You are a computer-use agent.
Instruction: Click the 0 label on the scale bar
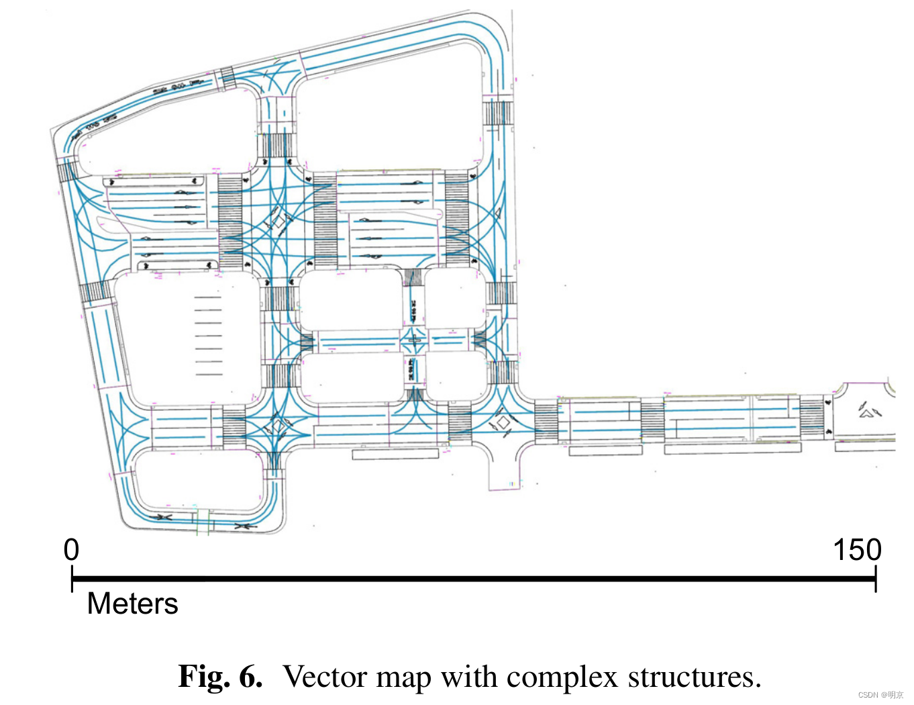click(71, 550)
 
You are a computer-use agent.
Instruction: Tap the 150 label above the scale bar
click(856, 550)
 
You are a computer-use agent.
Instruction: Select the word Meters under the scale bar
click(132, 604)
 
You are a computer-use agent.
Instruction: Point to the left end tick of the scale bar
click(72, 578)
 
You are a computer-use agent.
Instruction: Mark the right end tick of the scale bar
click(875, 578)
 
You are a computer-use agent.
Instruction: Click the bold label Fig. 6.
click(220, 676)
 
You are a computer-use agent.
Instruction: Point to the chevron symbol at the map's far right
click(869, 410)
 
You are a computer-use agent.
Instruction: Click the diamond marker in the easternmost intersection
click(503, 422)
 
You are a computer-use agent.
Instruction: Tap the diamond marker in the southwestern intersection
click(278, 425)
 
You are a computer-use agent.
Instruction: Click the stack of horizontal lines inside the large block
click(208, 336)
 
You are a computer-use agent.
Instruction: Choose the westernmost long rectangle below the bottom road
click(395, 455)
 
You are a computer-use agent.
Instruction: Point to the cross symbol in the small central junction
click(414, 340)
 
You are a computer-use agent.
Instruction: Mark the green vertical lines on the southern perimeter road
click(203, 522)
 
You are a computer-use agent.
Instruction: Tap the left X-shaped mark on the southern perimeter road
click(163, 518)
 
